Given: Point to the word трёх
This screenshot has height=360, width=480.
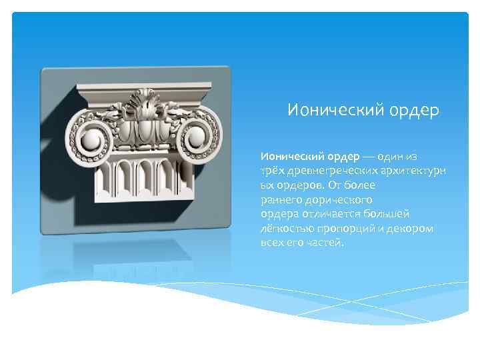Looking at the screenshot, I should click(272, 171).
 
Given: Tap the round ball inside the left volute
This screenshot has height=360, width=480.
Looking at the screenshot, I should click(91, 139).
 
